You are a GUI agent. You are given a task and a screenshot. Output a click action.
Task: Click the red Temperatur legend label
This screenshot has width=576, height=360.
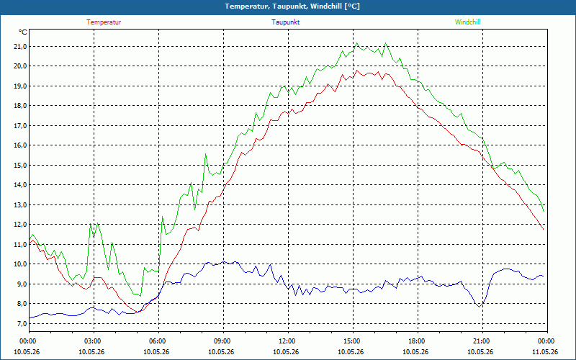tap(104, 22)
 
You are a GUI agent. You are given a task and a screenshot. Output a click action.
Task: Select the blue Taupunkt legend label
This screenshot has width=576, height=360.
tap(285, 22)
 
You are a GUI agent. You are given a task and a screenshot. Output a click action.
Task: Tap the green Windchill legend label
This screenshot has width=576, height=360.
tap(467, 22)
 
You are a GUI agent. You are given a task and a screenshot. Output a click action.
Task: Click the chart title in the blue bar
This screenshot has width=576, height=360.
tap(292, 6)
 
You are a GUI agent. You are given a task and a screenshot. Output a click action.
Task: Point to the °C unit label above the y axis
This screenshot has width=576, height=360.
tap(23, 32)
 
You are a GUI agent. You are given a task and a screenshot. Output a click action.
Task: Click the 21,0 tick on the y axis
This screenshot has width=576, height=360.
tap(20, 46)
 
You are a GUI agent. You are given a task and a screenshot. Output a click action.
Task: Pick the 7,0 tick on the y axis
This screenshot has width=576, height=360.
tap(20, 323)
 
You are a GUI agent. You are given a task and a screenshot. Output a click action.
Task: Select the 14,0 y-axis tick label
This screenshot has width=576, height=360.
tap(20, 185)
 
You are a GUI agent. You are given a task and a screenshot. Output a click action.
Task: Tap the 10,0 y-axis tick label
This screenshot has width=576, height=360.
tap(20, 264)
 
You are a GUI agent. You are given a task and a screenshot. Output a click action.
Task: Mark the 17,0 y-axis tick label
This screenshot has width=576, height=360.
tap(20, 125)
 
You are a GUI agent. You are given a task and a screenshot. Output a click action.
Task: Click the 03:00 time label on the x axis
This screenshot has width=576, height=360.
tap(94, 341)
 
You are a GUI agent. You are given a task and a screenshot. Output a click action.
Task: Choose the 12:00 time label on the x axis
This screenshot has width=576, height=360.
tap(288, 341)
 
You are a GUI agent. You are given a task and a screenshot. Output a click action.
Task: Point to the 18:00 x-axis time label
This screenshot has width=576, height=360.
tap(418, 341)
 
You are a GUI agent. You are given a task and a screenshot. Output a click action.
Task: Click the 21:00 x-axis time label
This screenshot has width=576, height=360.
tap(482, 341)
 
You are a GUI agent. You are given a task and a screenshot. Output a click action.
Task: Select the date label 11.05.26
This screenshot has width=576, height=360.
tap(545, 352)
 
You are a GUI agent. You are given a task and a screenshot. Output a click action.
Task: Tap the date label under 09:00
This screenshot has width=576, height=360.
tap(221, 352)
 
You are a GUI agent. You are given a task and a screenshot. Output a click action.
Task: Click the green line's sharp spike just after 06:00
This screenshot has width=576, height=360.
tap(163, 217)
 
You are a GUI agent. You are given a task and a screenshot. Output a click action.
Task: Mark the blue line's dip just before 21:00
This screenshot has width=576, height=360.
tap(480, 307)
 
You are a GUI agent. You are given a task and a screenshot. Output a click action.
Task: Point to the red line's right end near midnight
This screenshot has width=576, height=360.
tap(544, 229)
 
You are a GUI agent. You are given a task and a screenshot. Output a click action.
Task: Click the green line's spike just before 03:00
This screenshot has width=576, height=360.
tap(91, 224)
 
